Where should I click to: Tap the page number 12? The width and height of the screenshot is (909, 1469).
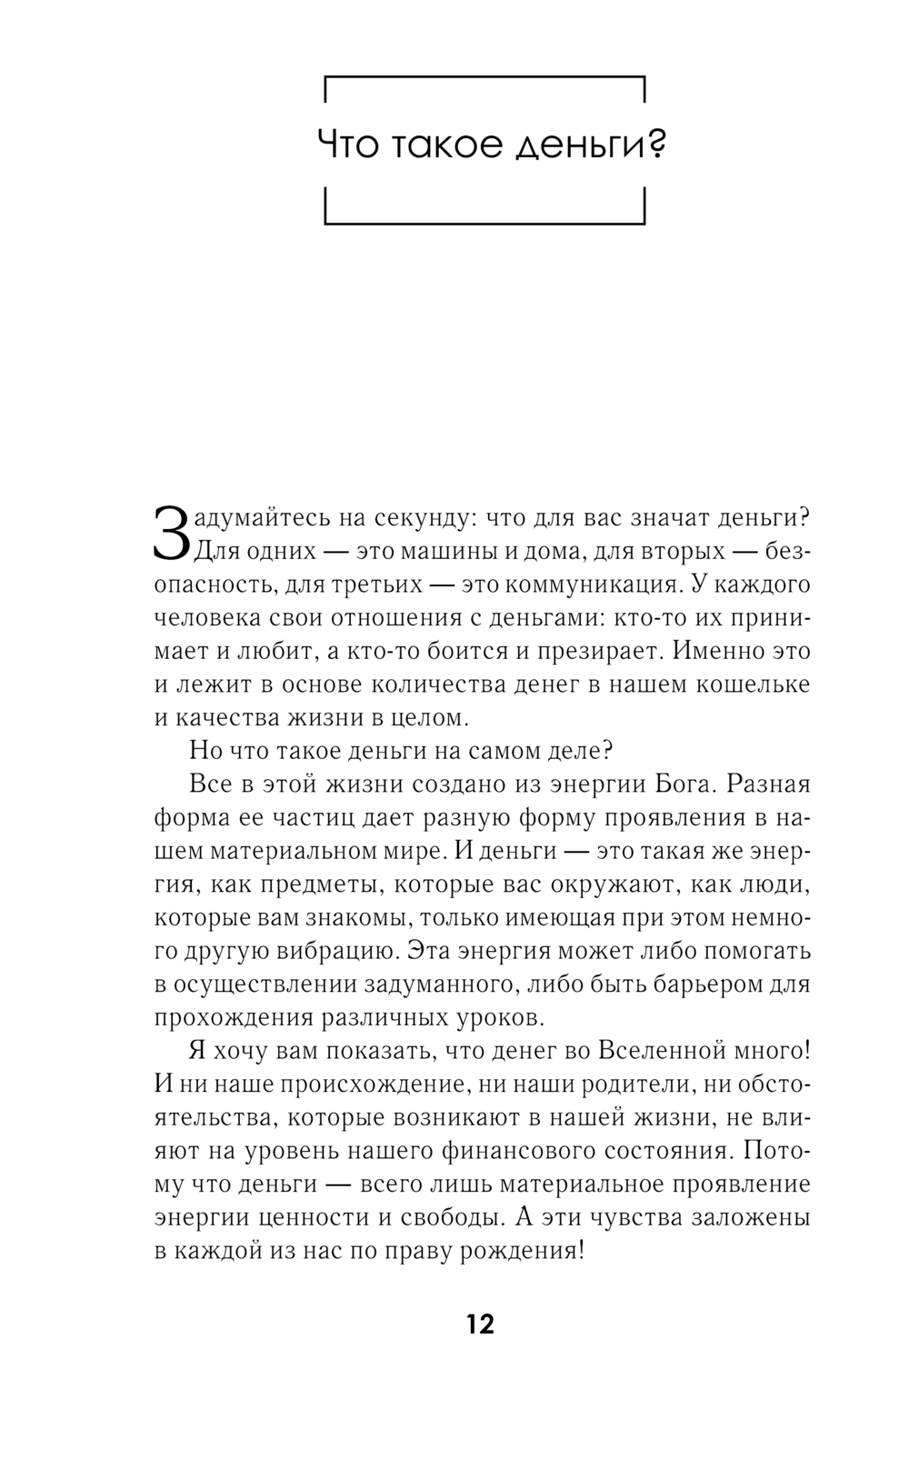(x=480, y=1324)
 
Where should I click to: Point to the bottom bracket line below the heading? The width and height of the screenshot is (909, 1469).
(x=484, y=222)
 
